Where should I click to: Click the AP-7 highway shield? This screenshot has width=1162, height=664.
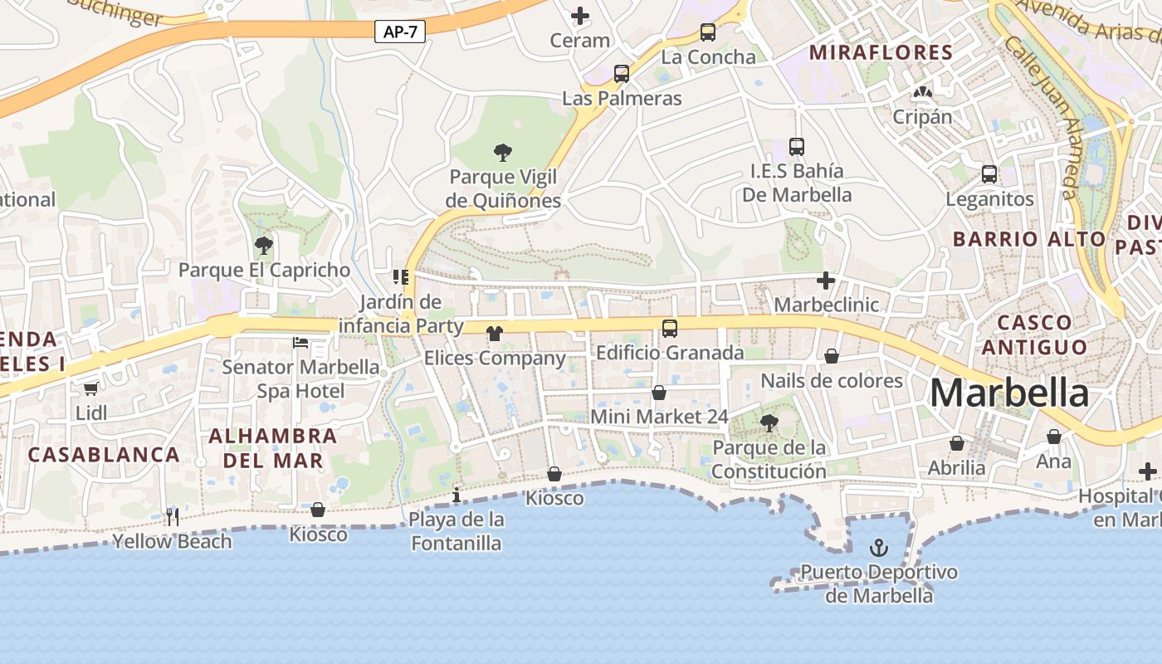tap(400, 32)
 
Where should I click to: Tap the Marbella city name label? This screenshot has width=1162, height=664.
tap(1008, 393)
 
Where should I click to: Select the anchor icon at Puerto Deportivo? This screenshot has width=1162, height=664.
tap(878, 547)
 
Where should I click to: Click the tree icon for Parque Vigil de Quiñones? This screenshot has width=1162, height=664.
tap(502, 152)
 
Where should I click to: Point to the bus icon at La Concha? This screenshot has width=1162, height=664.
tap(708, 32)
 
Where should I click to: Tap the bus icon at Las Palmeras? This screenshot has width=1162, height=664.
tap(622, 74)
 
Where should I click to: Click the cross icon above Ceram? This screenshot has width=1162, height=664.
tap(580, 16)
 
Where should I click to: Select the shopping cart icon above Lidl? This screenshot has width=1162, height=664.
tap(91, 388)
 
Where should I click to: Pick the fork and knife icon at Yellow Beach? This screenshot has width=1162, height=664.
tap(173, 516)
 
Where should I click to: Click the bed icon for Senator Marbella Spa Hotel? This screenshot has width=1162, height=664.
tap(300, 342)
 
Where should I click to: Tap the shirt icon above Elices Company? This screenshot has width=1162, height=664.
tap(495, 334)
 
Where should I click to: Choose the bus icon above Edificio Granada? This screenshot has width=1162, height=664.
tap(670, 329)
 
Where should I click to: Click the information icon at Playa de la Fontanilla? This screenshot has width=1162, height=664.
tap(456, 496)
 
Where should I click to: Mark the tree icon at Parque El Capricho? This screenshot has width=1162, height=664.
tap(264, 245)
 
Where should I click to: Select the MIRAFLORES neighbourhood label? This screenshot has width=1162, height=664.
tap(881, 53)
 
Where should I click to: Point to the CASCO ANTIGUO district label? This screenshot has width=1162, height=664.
tap(1034, 334)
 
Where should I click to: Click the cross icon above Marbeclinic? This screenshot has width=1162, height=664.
tap(826, 281)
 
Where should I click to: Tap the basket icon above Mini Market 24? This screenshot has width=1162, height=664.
tap(659, 393)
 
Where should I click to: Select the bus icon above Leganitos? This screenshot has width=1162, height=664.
tap(989, 174)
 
